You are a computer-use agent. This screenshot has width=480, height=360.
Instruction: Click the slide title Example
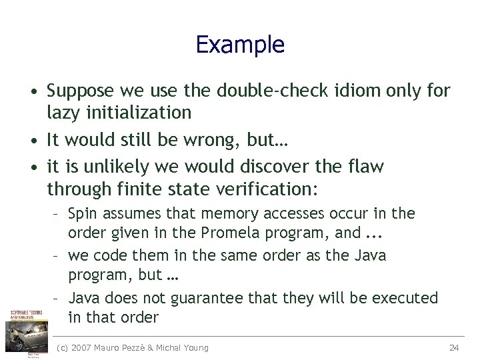pos(240,45)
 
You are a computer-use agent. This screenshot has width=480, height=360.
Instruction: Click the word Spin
pos(82,214)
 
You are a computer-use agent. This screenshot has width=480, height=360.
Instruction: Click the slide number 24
pos(455,347)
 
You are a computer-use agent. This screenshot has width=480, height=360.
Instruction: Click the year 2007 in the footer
pos(83,347)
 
